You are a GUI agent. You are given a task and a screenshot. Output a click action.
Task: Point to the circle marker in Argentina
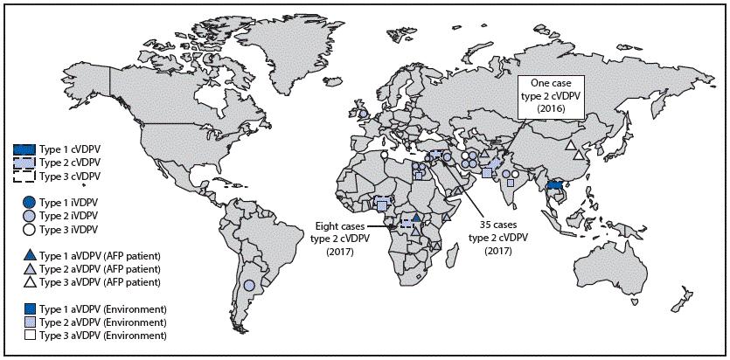tap(249, 285)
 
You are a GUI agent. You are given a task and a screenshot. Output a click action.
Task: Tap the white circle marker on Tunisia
tap(384, 154)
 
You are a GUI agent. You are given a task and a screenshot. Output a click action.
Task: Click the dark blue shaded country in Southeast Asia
tap(553, 185)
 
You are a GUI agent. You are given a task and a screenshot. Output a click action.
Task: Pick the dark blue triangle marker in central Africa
tap(418, 218)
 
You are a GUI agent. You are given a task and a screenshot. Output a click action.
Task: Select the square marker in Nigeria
tap(381, 204)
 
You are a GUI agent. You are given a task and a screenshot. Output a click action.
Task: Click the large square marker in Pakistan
tap(486, 173)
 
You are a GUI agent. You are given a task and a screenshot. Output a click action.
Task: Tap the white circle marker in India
tap(516, 174)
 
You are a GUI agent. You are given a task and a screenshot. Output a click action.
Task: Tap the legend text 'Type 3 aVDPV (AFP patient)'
tap(106, 281)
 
